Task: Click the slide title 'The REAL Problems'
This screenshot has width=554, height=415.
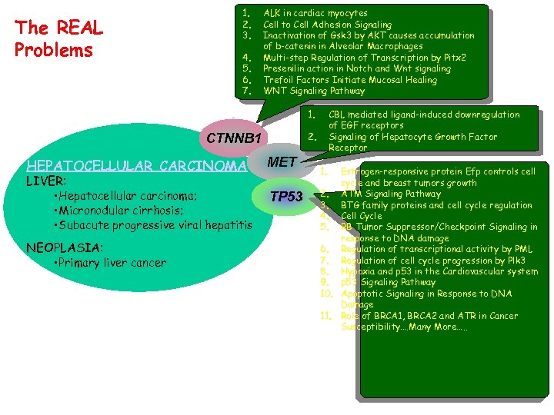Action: tap(58, 39)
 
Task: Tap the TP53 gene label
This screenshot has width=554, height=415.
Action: tap(286, 196)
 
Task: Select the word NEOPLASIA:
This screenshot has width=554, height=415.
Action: tap(64, 247)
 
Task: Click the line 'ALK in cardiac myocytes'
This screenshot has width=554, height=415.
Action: tap(315, 13)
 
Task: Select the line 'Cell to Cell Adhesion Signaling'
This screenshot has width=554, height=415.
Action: tap(327, 25)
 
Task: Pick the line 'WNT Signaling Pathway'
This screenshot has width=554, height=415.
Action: tap(314, 91)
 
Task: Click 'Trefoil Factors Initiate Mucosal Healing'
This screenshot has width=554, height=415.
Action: tap(350, 80)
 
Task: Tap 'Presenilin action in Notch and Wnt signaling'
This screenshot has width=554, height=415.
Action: tap(357, 68)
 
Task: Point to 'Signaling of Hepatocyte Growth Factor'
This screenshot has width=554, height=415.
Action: tap(412, 137)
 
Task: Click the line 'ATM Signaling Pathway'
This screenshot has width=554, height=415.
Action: tap(391, 194)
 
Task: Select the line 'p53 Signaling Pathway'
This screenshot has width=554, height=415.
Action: tap(388, 283)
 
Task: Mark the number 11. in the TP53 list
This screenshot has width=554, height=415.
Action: tap(325, 316)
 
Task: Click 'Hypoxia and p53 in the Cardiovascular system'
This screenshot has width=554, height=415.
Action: tap(439, 271)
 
